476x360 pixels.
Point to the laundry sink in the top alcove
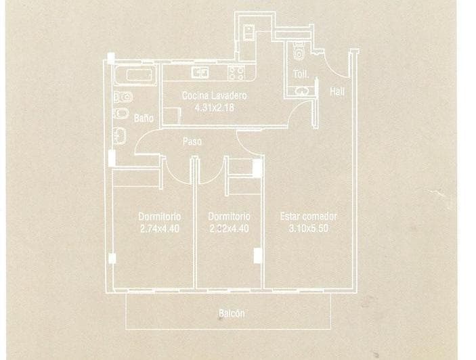tap(248, 30)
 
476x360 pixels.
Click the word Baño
tap(143, 118)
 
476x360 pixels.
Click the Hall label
tap(336, 91)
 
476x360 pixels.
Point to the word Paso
tap(192, 142)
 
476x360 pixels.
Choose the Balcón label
tap(231, 313)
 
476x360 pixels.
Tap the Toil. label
tap(300, 74)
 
